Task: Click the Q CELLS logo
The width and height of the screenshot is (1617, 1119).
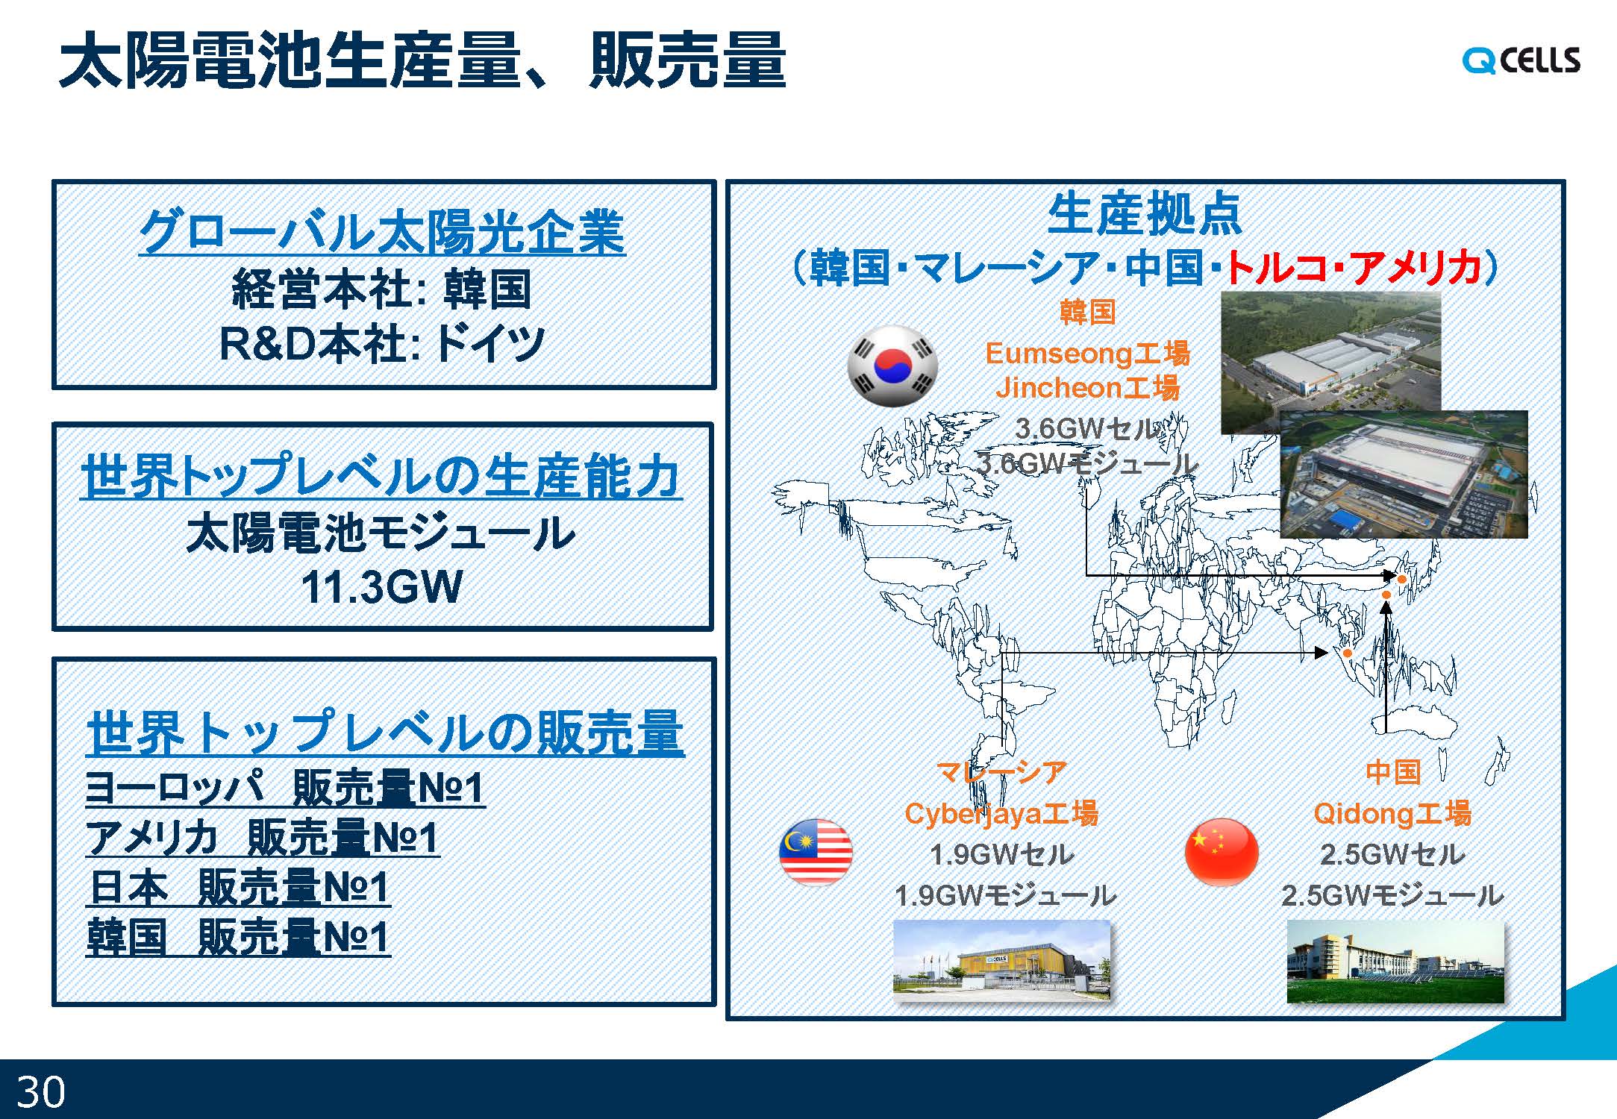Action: [x=1521, y=60]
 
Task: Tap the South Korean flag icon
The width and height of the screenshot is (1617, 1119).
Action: [x=892, y=366]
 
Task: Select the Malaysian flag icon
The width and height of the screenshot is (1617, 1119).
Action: [x=816, y=852]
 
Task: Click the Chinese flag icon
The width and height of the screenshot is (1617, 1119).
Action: [x=1222, y=852]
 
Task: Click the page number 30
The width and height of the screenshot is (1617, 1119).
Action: [x=40, y=1092]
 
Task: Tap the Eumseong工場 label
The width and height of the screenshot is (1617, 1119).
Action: [x=1087, y=353]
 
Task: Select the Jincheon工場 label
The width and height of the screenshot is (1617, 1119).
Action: [x=1087, y=387]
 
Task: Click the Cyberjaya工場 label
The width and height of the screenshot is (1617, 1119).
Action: [x=1001, y=813]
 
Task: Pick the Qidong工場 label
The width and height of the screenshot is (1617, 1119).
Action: [x=1392, y=813]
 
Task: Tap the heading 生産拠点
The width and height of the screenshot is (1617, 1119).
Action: [x=1145, y=215]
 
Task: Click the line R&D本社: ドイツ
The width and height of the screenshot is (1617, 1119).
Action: [x=382, y=344]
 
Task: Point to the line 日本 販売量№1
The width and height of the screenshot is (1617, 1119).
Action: [x=239, y=887]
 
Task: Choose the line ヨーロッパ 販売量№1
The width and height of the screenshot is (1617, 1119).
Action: [x=286, y=787]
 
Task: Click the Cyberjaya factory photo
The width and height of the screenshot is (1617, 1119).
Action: [x=1001, y=959]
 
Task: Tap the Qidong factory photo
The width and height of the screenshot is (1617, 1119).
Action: [x=1395, y=961]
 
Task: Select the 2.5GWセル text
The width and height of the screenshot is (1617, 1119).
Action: [x=1392, y=854]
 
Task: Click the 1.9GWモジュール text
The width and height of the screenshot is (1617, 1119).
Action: [x=1005, y=895]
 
